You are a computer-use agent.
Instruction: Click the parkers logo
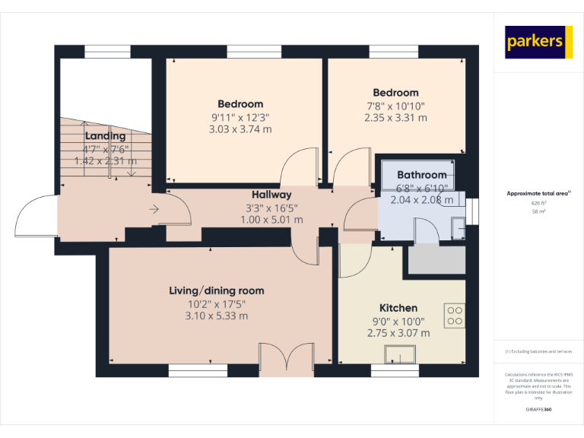tap(539, 42)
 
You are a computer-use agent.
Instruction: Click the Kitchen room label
tap(398, 308)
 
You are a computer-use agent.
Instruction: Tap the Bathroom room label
tap(421, 175)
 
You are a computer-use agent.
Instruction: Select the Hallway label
tap(272, 195)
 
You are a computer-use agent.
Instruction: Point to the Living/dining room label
tap(217, 290)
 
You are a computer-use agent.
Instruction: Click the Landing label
tap(106, 136)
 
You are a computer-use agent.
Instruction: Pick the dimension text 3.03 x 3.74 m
tap(240, 129)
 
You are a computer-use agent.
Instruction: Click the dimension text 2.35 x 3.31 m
tap(395, 118)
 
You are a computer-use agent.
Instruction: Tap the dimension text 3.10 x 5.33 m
tap(217, 316)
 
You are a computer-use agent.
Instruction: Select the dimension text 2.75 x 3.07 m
tap(398, 333)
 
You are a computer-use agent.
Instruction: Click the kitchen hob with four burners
tap(455, 315)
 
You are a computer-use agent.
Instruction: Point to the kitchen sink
tap(399, 355)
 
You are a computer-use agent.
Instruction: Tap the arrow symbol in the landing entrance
tap(154, 209)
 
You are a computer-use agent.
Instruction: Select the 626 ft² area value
tap(538, 204)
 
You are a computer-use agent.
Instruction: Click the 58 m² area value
tap(538, 212)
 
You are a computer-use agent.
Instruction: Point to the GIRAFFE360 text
tap(538, 410)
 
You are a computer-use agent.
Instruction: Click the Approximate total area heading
tap(538, 194)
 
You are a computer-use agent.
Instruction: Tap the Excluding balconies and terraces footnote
tap(538, 351)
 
